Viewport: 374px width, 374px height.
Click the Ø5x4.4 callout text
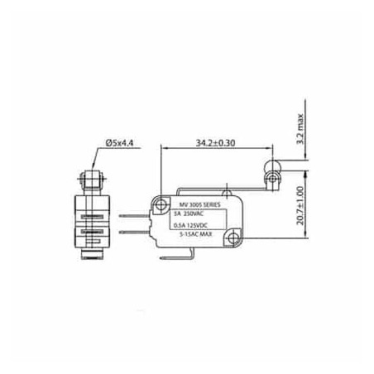point(121,144)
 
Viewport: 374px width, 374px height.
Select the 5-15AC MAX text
point(197,235)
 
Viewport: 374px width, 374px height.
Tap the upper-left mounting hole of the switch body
point(159,203)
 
